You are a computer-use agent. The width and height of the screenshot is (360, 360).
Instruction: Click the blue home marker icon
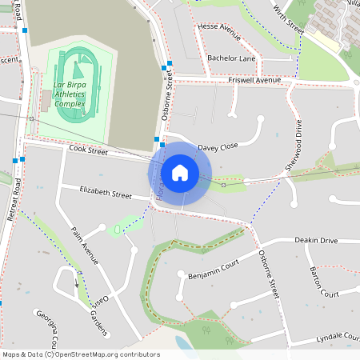click(180, 172)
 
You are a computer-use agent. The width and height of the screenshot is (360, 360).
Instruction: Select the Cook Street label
click(88, 150)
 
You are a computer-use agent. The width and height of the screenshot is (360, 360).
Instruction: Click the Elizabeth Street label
click(106, 193)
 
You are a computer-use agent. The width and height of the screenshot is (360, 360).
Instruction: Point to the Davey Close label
click(218, 147)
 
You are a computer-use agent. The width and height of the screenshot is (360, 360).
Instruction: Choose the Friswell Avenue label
click(254, 81)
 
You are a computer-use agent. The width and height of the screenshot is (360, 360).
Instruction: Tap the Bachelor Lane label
click(231, 58)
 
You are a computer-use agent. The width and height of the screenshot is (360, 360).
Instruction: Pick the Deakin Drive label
click(317, 240)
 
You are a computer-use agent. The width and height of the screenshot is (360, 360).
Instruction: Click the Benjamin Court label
click(214, 274)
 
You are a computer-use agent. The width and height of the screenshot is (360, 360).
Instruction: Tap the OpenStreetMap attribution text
click(81, 354)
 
